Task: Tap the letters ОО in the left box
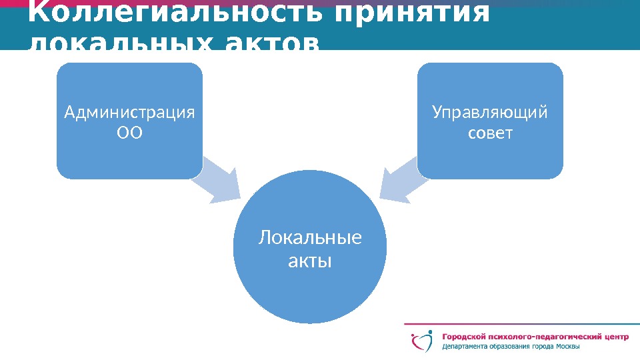click(130, 133)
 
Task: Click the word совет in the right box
click(491, 133)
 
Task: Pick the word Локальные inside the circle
click(310, 238)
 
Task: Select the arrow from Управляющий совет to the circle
click(401, 181)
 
